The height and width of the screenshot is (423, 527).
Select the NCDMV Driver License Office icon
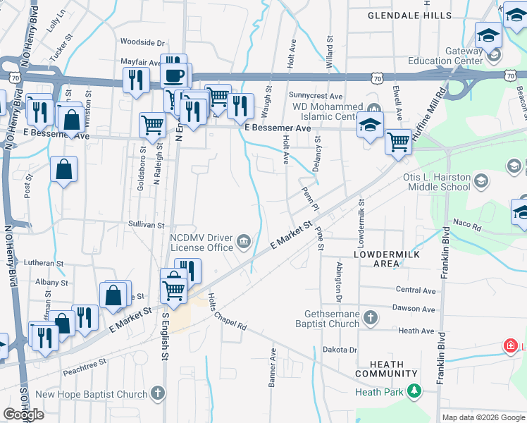243,242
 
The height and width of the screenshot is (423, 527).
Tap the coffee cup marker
175,74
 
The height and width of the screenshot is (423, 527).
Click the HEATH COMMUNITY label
380,369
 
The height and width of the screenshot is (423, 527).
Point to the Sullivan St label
146,226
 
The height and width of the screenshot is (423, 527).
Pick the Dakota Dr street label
340,350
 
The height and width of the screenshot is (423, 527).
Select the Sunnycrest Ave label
315,95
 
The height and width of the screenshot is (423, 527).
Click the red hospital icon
509,345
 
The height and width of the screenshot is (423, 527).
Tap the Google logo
24,415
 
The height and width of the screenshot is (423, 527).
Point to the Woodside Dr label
142,42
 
